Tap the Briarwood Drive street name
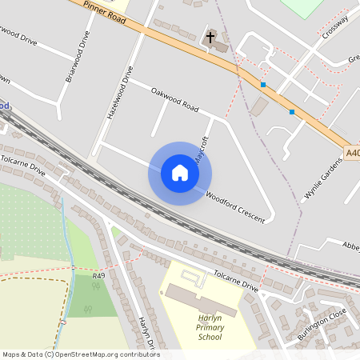pos(78,57)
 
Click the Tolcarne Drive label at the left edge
pos(24,163)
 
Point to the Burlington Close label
pos(322,324)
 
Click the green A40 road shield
pos(353,152)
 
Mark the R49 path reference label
pos(98,276)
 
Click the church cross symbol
pos(211,37)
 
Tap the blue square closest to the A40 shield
pos(292,112)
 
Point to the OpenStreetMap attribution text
pos(80,354)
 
